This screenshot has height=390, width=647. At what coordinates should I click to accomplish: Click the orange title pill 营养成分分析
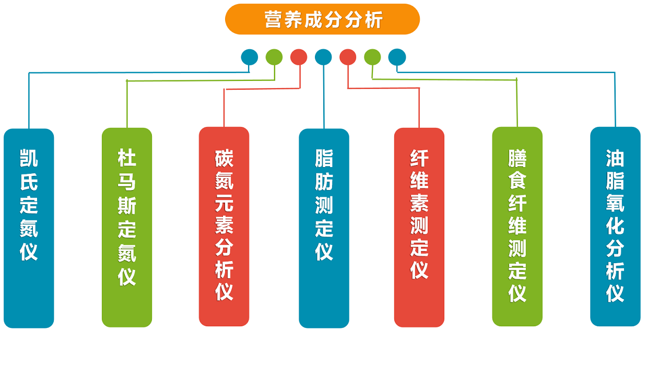coord(322,19)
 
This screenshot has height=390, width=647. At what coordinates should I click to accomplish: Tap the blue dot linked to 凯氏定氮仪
coord(250,57)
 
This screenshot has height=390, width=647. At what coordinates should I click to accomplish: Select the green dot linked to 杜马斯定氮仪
coord(274,57)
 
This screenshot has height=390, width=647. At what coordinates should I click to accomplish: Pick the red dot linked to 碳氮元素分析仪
coord(299,57)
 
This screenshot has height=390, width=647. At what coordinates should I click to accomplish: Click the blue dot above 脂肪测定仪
coord(323,57)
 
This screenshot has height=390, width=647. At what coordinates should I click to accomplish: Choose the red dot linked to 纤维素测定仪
coord(348,57)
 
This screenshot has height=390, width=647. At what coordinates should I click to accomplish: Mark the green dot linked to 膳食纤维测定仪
coord(372,57)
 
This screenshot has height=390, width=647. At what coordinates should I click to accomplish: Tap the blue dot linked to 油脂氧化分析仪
coord(397,57)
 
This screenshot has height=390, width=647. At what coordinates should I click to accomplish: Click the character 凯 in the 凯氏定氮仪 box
coord(29,158)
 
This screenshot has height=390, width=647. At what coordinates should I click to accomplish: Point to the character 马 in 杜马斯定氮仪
coord(127,182)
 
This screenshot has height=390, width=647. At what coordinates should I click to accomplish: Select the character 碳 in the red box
coord(224,158)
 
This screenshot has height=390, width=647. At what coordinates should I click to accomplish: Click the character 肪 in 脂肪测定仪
coord(324,182)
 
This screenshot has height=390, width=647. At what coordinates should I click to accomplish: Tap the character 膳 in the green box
coord(517,158)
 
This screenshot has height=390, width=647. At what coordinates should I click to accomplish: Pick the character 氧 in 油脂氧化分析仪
coord(615,203)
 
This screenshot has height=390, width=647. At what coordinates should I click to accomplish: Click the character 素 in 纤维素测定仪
coord(419,203)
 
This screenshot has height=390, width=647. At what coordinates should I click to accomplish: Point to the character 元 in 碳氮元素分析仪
coord(224,203)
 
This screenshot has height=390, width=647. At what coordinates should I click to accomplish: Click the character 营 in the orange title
coord(273,20)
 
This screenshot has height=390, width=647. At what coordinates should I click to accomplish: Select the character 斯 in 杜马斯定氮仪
coord(127,206)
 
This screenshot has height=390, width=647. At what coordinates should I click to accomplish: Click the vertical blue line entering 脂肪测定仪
coord(324,97)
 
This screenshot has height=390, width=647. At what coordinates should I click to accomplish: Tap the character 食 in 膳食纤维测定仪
coord(517,181)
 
